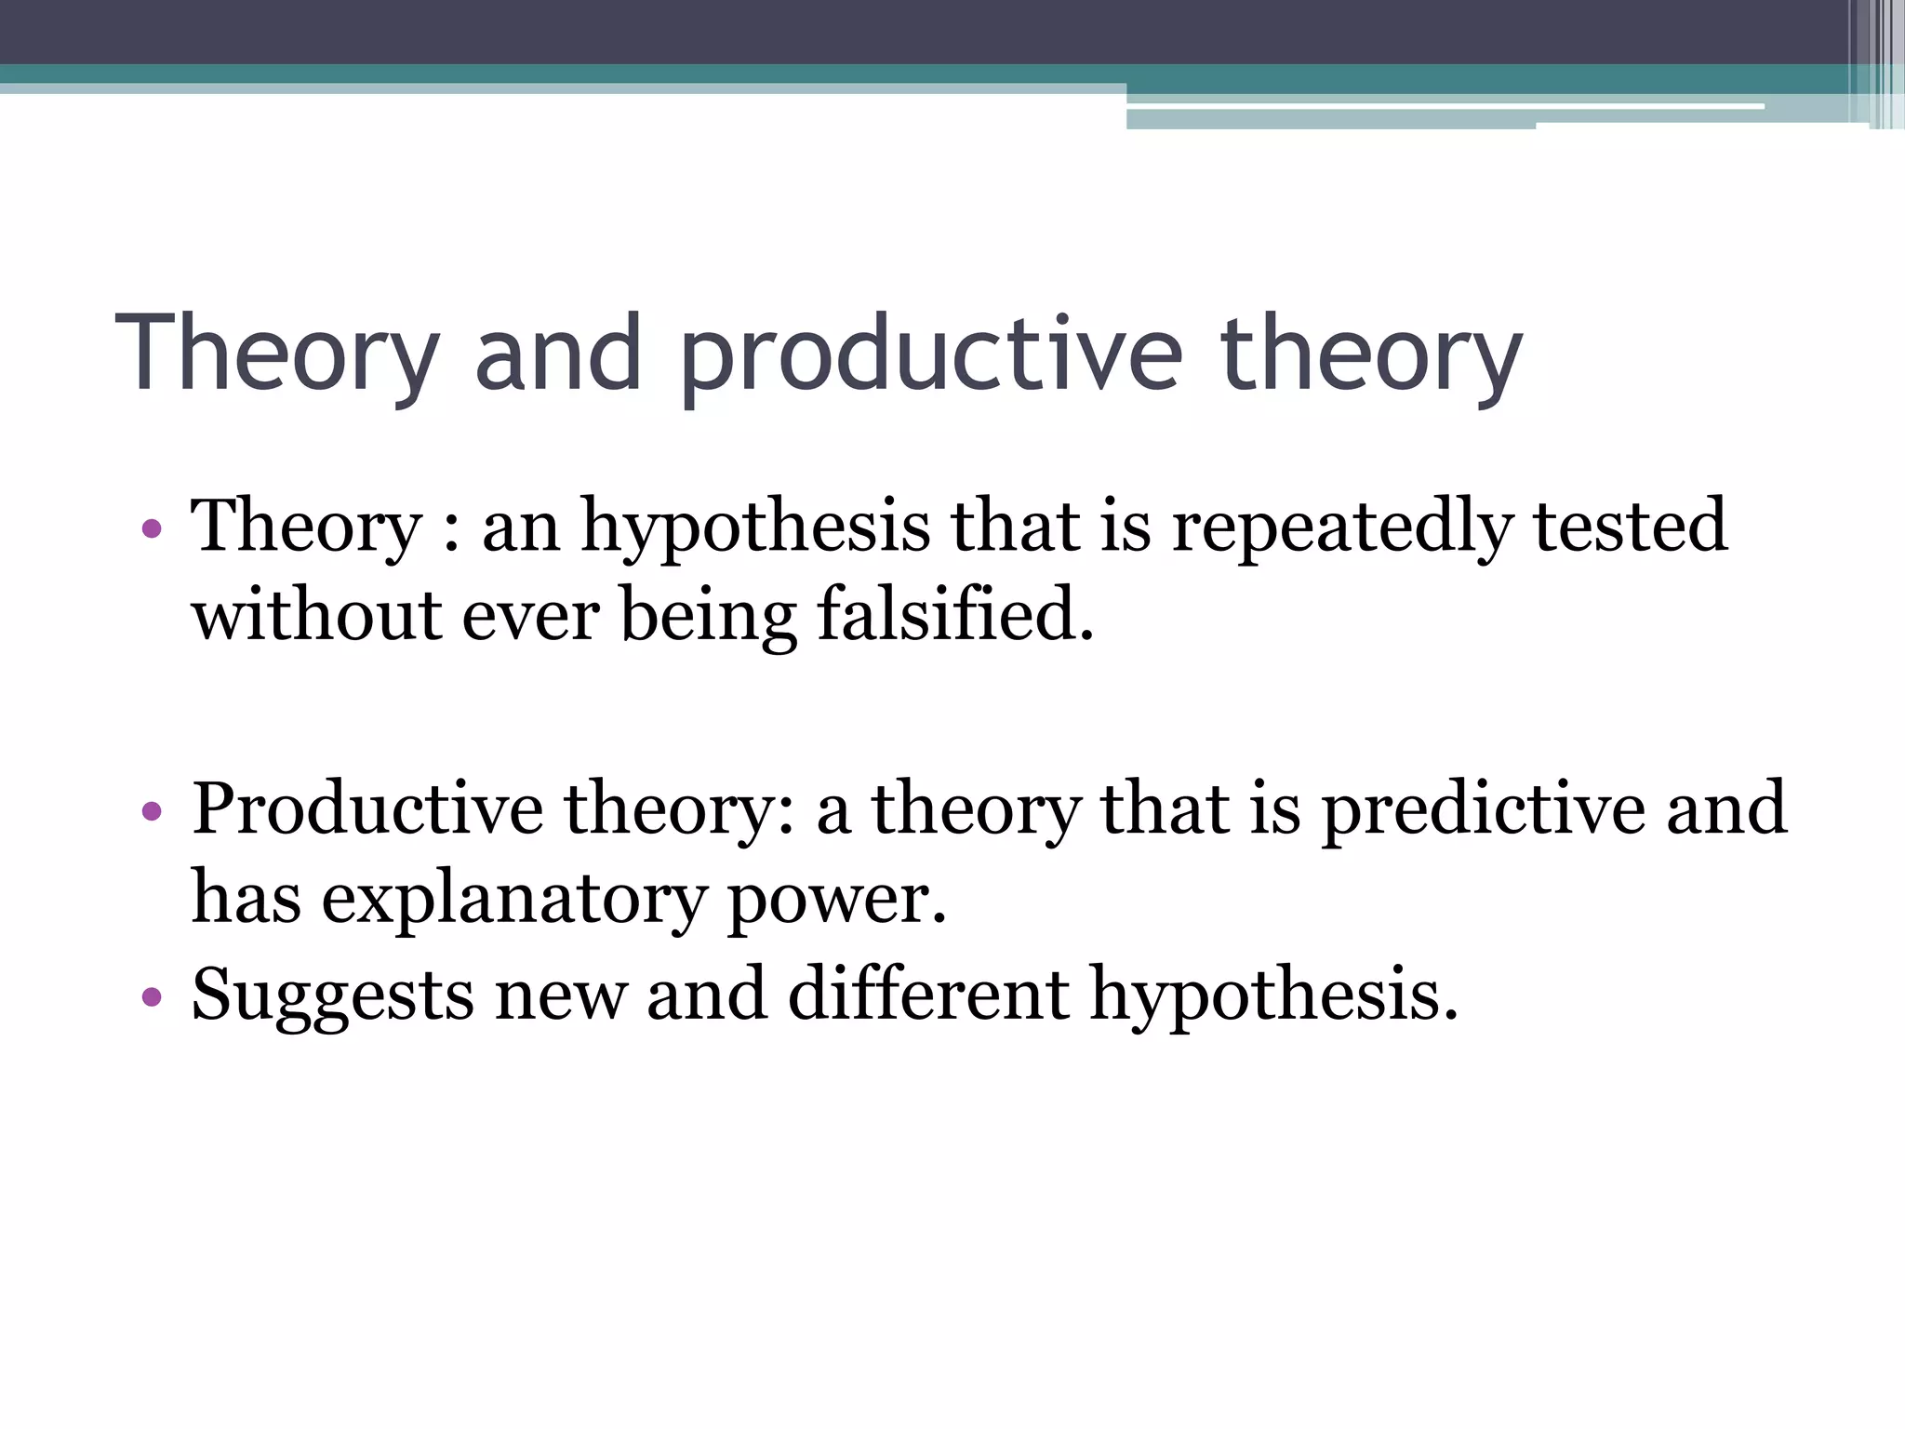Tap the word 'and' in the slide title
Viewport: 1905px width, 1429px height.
pos(558,354)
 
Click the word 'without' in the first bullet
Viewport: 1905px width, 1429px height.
pos(316,616)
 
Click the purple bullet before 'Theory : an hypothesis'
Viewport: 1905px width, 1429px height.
pos(153,530)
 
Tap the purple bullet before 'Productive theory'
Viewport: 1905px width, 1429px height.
pos(153,811)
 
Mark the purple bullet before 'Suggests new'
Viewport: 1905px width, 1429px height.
pos(153,998)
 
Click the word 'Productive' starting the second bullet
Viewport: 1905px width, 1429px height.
pos(367,808)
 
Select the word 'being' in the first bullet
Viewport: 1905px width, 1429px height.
pos(708,618)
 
